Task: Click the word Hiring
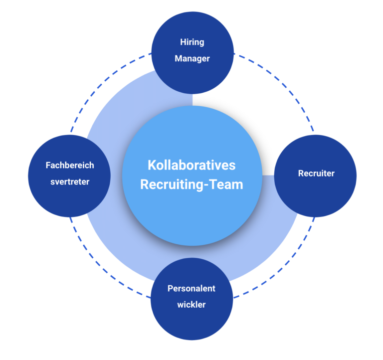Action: click(x=192, y=42)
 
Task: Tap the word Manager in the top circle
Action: click(x=192, y=58)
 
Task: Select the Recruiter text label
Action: click(x=316, y=174)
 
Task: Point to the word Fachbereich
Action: click(x=70, y=165)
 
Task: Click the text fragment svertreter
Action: click(x=70, y=181)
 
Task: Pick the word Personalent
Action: click(x=191, y=288)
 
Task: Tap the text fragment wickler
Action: click(x=191, y=304)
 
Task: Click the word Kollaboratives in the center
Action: click(x=191, y=165)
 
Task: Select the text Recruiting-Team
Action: click(x=191, y=184)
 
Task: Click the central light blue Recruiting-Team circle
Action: click(x=191, y=219)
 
